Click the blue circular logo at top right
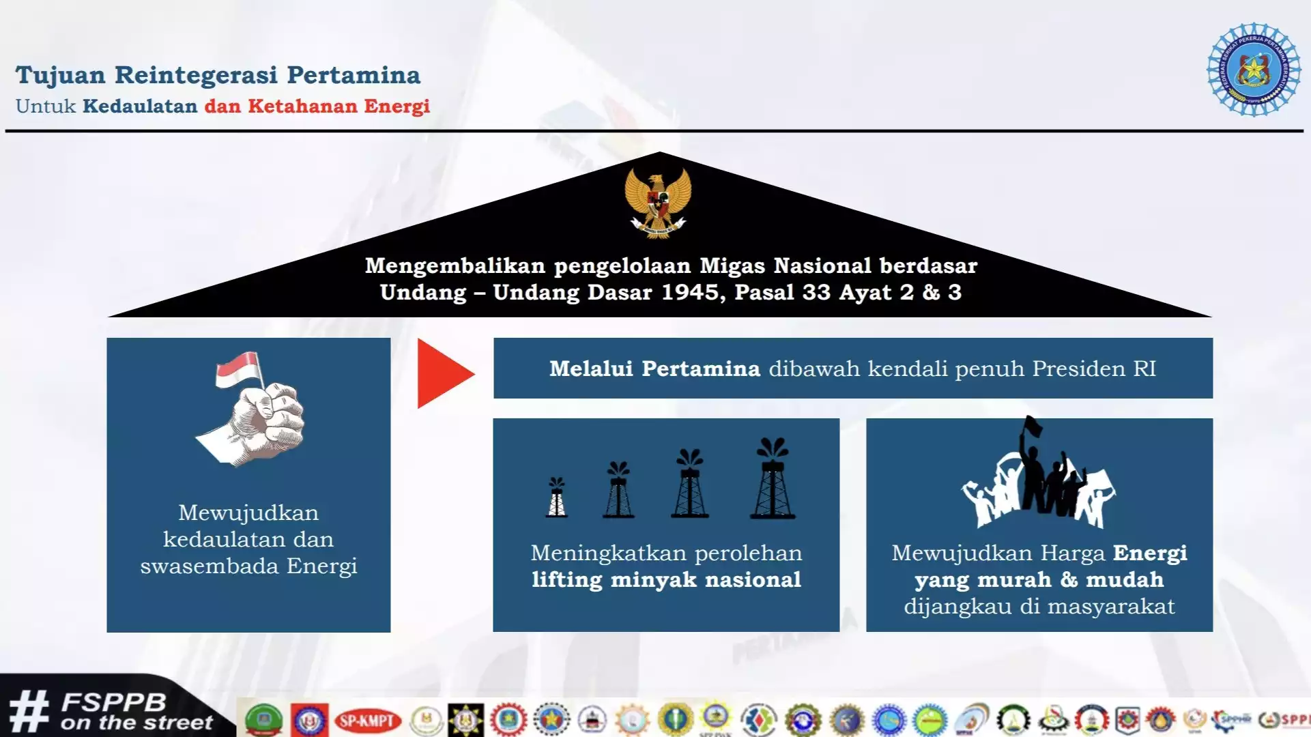1254,69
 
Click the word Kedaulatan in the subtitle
140,106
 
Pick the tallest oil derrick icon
773,479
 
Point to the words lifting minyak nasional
666,580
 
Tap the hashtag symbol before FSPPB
29,712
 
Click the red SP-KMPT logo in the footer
367,721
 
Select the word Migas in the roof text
733,265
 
